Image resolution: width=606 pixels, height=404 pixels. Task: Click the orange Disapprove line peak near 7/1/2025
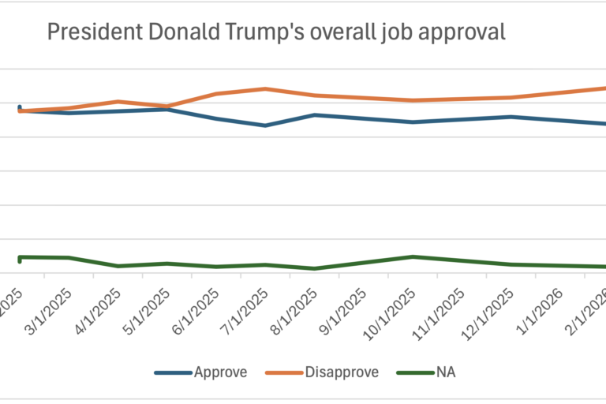(x=265, y=88)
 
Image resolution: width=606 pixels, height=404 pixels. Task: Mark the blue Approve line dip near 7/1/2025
(x=265, y=125)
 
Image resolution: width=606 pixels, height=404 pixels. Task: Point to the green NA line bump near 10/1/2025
(x=413, y=256)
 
